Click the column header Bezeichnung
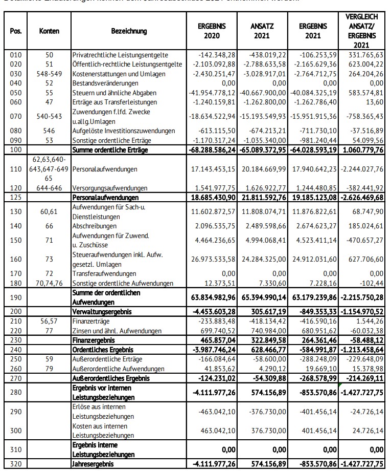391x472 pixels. click(128, 31)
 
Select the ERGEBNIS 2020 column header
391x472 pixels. click(212, 31)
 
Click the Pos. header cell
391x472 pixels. click(16, 31)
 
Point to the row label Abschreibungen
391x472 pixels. click(95, 226)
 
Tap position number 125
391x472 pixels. click(16, 197)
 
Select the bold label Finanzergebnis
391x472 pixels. click(94, 340)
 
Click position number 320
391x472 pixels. click(16, 464)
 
